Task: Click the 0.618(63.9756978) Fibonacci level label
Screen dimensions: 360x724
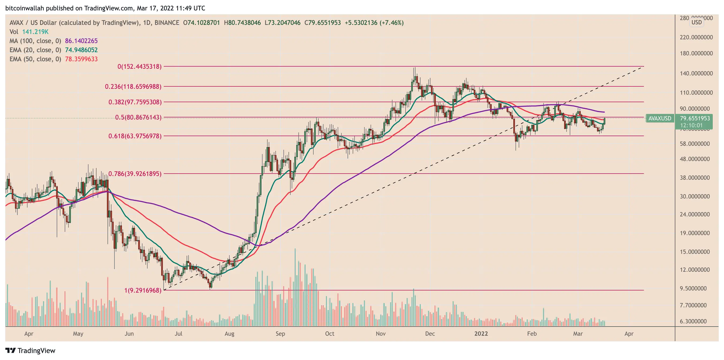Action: point(135,136)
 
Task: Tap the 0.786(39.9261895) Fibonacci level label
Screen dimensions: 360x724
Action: point(135,174)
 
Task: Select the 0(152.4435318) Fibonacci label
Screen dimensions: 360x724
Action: point(139,67)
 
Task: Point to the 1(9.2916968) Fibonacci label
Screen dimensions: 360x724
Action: point(143,290)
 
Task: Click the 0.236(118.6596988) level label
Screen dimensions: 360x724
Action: point(133,87)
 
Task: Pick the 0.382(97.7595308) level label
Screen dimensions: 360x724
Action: point(135,102)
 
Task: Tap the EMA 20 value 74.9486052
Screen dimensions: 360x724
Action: point(81,50)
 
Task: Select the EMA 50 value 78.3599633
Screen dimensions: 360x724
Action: point(81,59)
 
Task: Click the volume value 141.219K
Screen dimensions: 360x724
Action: point(35,32)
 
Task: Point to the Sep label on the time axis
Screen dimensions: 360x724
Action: point(280,334)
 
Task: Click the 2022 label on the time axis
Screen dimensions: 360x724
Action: point(481,334)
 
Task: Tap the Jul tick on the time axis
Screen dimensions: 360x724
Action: point(179,334)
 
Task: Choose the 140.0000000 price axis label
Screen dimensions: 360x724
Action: point(696,73)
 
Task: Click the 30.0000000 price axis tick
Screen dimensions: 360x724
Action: point(695,196)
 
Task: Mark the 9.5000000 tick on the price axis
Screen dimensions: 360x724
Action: point(693,288)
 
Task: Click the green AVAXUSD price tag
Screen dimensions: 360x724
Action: point(659,118)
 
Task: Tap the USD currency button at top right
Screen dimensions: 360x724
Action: point(696,22)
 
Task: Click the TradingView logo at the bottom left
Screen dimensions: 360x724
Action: point(30,350)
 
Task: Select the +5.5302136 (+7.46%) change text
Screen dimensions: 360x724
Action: point(374,23)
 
